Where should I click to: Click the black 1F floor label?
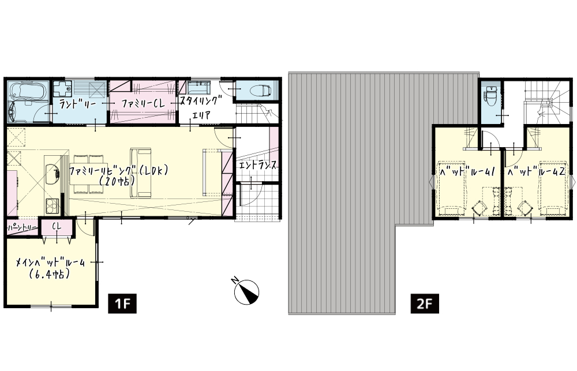[122, 303]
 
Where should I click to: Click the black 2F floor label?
[425, 303]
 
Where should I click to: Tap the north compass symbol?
[246, 291]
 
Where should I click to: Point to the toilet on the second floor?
[491, 95]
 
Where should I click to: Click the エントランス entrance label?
[257, 166]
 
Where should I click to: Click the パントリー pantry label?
[22, 228]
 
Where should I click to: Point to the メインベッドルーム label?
[50, 263]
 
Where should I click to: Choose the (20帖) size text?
[117, 181]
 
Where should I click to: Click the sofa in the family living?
[140, 173]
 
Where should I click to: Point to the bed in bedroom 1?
[451, 188]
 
